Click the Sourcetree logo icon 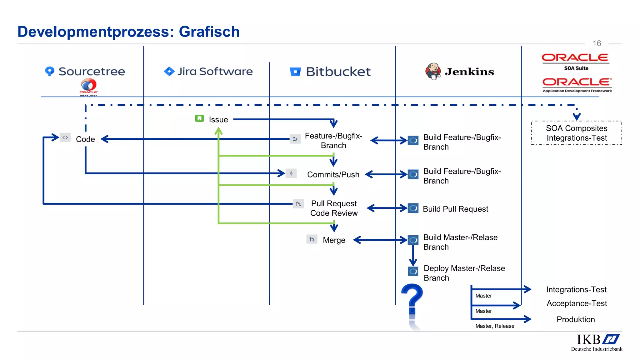click(x=50, y=71)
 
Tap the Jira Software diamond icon click(x=169, y=71)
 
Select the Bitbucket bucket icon click(x=295, y=72)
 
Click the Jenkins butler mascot click(x=433, y=71)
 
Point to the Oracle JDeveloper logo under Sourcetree click(x=88, y=87)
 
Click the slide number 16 click(x=597, y=43)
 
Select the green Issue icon click(x=199, y=118)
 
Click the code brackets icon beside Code click(x=65, y=137)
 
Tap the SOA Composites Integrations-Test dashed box click(x=577, y=133)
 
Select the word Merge click(x=334, y=240)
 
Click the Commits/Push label click(x=333, y=174)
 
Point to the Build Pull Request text click(x=455, y=209)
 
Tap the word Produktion click(x=576, y=319)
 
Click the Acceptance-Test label click(x=577, y=303)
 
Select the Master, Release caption click(x=495, y=326)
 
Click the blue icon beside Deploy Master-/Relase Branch click(x=413, y=271)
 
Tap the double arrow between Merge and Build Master click(x=380, y=240)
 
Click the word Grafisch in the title click(x=209, y=32)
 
